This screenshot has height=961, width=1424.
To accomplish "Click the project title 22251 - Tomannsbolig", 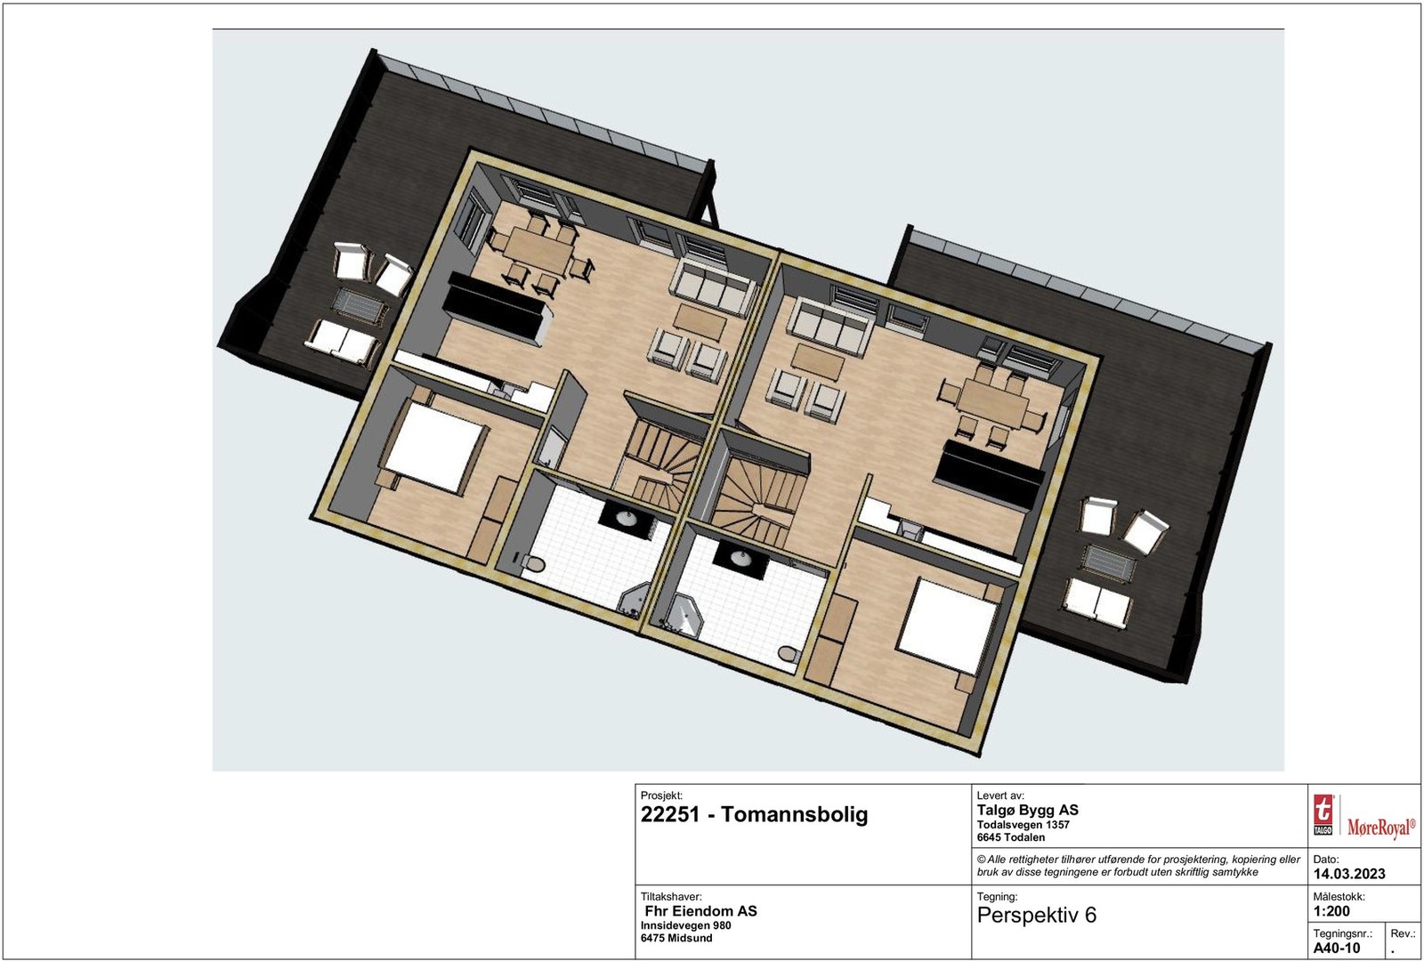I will (754, 814).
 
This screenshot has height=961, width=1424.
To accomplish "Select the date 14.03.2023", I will (1349, 874).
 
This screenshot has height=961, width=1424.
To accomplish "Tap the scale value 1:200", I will (1331, 911).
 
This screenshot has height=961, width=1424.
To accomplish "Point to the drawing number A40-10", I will (1337, 948).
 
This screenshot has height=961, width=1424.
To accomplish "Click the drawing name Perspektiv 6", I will (1037, 916).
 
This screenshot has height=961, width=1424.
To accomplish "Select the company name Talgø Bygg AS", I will (1027, 810).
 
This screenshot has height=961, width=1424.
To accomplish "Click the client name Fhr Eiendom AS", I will (701, 911).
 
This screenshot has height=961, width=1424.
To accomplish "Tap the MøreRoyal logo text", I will (1380, 828).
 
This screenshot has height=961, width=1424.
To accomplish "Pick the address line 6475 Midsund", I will (676, 939).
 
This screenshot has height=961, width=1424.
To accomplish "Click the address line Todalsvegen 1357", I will (1023, 825).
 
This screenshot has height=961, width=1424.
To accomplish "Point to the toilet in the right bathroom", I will (787, 655).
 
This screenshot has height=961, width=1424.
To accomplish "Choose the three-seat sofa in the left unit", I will (709, 285).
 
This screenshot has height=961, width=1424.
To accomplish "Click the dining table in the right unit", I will (991, 400).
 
